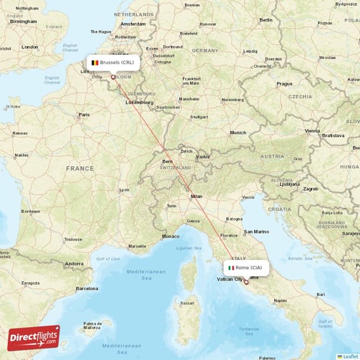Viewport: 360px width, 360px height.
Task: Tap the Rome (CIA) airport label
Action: (248, 268)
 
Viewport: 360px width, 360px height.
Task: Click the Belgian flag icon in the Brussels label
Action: (94, 63)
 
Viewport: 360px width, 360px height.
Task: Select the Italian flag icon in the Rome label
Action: (230, 268)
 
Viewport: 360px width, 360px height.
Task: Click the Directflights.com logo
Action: (34, 337)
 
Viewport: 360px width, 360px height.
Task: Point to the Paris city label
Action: (84, 114)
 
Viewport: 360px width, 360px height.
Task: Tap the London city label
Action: (30, 47)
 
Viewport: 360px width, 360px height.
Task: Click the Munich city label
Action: (238, 132)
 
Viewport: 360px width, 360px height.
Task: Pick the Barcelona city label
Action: (86, 288)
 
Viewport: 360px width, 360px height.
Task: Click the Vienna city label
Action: (312, 131)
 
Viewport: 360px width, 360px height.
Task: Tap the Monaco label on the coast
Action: (170, 236)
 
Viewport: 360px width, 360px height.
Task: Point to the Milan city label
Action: (196, 196)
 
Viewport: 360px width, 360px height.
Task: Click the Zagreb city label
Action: (310, 189)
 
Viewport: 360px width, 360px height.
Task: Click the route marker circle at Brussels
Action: (112, 76)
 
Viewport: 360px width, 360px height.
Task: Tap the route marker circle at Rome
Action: (246, 282)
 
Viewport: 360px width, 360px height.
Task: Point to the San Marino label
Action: (256, 232)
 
